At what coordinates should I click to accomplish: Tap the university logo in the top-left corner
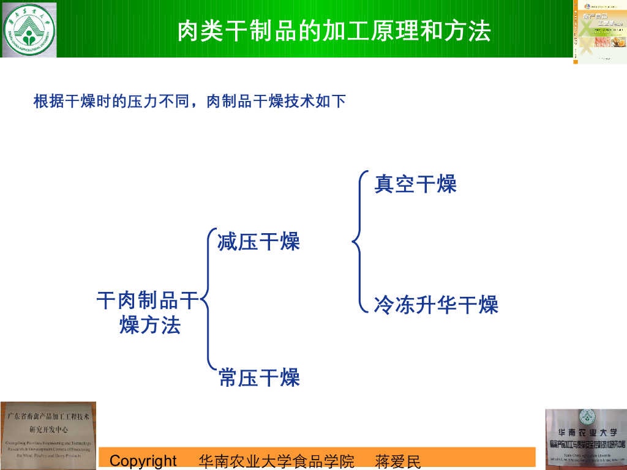coord(29,29)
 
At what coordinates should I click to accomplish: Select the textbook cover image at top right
coord(599,31)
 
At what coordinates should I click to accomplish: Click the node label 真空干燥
coord(415,184)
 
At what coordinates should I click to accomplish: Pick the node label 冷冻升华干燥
coord(436,304)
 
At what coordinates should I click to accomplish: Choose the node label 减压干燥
coord(258,242)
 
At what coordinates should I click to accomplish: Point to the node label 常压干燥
coord(259,378)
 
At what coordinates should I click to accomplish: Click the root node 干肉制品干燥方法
coord(149,313)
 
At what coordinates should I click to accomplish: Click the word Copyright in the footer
coord(143,461)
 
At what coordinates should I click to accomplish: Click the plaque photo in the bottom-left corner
coord(48,435)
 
